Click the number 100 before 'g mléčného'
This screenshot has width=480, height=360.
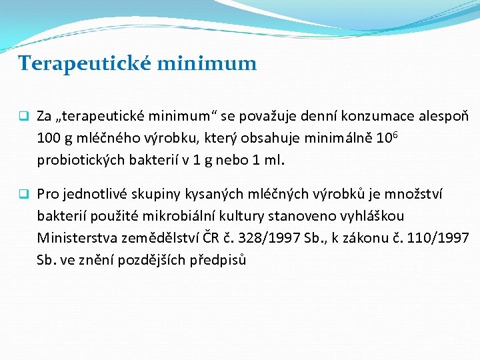48,139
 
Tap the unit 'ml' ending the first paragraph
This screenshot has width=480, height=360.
275,160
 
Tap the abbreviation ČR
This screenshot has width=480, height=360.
211,237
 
